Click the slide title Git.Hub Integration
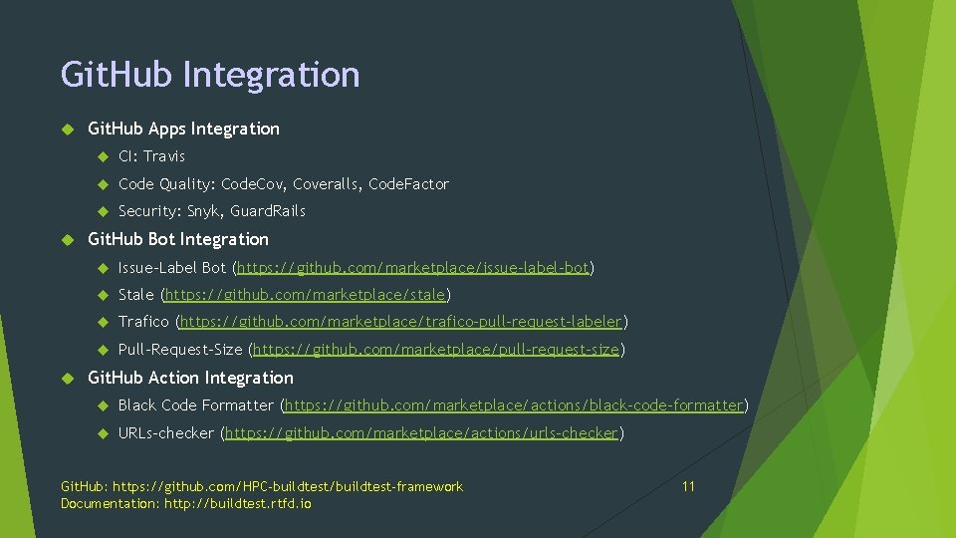[x=210, y=75]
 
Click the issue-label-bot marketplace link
[x=412, y=267]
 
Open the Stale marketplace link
[x=306, y=295]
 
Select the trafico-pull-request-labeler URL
[x=400, y=322]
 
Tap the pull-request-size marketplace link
[x=437, y=350]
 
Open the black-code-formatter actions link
[x=515, y=405]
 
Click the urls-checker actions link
[x=422, y=433]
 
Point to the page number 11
[x=688, y=486]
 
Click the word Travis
[x=164, y=156]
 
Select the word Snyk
[x=204, y=211]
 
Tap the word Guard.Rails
[x=268, y=211]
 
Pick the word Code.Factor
[x=408, y=184]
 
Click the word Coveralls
[x=327, y=184]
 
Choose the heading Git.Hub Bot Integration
[x=178, y=239]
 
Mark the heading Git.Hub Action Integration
[x=190, y=378]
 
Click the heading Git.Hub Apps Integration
[x=183, y=129]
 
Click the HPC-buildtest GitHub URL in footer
[x=288, y=486]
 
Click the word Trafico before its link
[x=143, y=322]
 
